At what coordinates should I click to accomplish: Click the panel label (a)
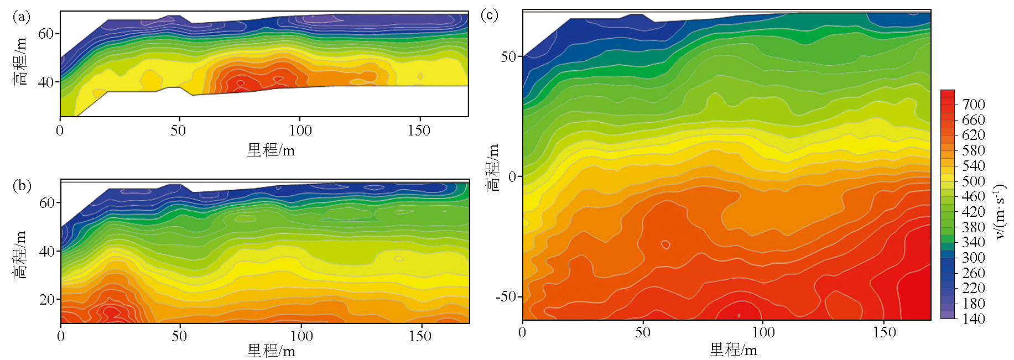pyautogui.click(x=21, y=17)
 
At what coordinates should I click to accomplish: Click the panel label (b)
pyautogui.click(x=22, y=185)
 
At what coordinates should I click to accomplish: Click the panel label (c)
pyautogui.click(x=490, y=14)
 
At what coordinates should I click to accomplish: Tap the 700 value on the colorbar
pyautogui.click(x=973, y=105)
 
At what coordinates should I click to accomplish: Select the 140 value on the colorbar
pyautogui.click(x=973, y=319)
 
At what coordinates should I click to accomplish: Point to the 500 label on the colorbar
pyautogui.click(x=973, y=181)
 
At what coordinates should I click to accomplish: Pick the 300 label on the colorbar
pyautogui.click(x=973, y=258)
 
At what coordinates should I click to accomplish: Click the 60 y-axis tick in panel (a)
pyautogui.click(x=45, y=34)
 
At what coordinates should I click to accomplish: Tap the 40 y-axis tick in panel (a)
pyautogui.click(x=45, y=82)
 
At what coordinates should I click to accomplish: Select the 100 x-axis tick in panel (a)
pyautogui.click(x=300, y=131)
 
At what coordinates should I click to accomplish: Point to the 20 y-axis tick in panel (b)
pyautogui.click(x=46, y=300)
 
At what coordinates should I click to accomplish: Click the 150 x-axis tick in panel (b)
pyautogui.click(x=420, y=336)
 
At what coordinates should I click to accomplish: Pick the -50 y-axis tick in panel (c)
pyautogui.click(x=506, y=296)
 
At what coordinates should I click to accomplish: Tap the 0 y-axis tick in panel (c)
pyautogui.click(x=512, y=177)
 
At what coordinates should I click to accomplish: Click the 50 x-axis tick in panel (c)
pyautogui.click(x=642, y=332)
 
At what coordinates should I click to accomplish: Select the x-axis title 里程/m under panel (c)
pyautogui.click(x=733, y=349)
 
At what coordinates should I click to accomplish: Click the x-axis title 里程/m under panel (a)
pyautogui.click(x=271, y=150)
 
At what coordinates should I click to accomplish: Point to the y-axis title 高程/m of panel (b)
pyautogui.click(x=20, y=254)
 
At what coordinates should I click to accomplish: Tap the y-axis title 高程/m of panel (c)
pyautogui.click(x=492, y=168)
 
